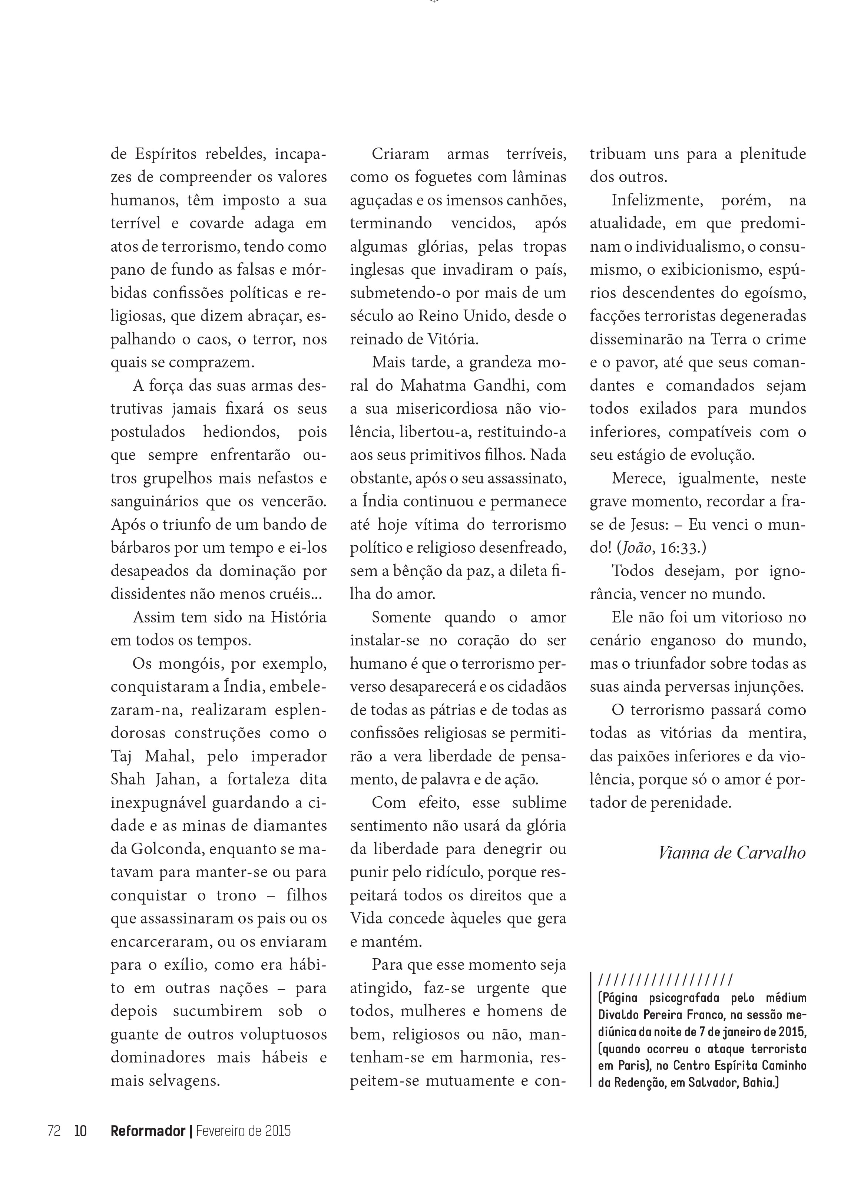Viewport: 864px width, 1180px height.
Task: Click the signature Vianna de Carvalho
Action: point(731,853)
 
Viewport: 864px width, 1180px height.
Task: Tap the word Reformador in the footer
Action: point(148,1131)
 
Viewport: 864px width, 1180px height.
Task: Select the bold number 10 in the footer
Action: point(80,1131)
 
